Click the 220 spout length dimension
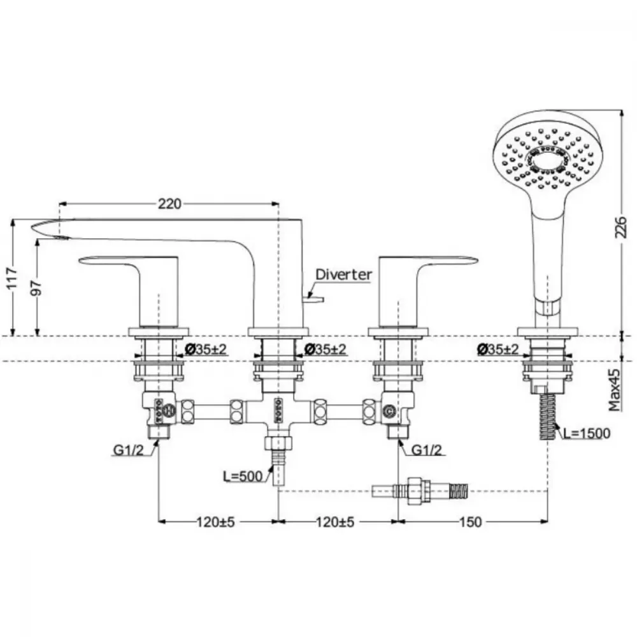coord(169,204)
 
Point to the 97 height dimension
coord(36,287)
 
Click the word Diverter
coord(344,275)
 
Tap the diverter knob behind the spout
coord(313,300)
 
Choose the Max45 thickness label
coord(615,390)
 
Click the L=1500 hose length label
coord(586,433)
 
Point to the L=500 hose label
coord(243,476)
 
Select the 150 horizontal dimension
coord(471,522)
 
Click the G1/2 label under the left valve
coord(129,450)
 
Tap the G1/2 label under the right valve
coord(427,450)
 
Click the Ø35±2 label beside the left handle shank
coord(206,349)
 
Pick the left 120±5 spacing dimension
coord(216,522)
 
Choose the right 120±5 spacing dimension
coord(335,522)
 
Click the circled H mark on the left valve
coord(169,411)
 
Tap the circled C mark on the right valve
coord(389,412)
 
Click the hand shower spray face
coord(546,159)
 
